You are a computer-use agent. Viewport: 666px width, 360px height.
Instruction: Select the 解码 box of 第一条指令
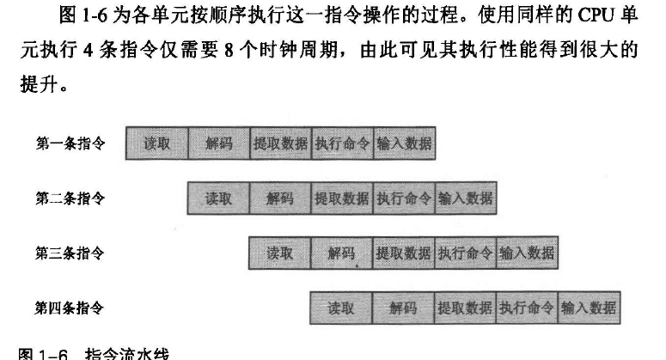[219, 143]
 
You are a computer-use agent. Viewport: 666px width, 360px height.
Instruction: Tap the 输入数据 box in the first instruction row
[404, 143]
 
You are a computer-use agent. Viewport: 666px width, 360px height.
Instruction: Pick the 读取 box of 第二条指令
[218, 198]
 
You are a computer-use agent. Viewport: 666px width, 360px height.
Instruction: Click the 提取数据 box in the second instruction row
[342, 198]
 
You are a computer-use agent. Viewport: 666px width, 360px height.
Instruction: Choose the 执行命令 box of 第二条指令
[404, 198]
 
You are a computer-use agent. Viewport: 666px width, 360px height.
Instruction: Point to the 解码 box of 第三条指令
[341, 253]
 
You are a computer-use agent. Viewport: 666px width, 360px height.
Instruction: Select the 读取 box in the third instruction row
[279, 253]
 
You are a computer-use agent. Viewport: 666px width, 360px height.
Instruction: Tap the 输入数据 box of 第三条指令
[527, 253]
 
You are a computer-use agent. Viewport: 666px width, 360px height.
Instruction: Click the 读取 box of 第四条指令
[341, 308]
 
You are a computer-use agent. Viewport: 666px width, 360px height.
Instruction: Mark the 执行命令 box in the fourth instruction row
[527, 308]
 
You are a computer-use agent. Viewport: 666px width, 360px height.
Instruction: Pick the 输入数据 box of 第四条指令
[589, 308]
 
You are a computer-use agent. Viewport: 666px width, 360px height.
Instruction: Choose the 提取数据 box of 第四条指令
[465, 308]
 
